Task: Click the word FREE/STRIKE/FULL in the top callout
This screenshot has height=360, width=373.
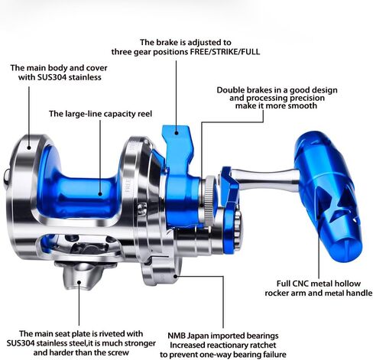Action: [x=225, y=52]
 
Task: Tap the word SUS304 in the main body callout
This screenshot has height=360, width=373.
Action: [x=52, y=77]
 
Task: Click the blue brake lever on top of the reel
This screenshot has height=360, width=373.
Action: [x=178, y=153]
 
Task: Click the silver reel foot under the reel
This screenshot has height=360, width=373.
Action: [x=79, y=275]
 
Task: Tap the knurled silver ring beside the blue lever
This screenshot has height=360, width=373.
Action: [x=209, y=201]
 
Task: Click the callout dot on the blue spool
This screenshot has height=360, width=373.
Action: [x=100, y=194]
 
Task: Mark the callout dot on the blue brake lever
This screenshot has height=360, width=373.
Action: [x=176, y=132]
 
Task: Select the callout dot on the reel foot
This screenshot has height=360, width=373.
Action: [x=79, y=282]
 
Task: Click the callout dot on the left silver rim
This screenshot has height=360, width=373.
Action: [x=29, y=148]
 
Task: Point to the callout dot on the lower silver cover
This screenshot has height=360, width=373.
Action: [x=175, y=276]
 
